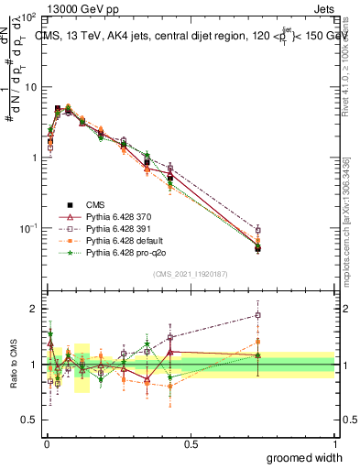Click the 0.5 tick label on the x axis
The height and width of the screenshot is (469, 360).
pyautogui.click(x=191, y=443)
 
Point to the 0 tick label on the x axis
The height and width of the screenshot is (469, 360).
pyautogui.click(x=47, y=443)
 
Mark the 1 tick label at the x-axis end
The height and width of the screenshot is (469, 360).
pyautogui.click(x=334, y=443)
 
